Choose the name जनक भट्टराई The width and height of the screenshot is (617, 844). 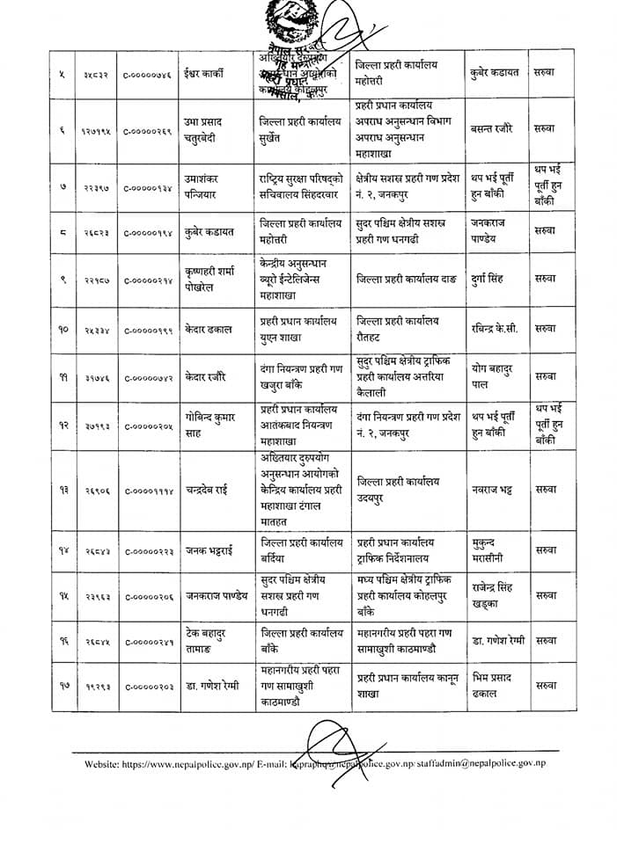click(x=209, y=551)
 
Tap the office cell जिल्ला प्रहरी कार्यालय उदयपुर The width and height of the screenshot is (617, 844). click(x=398, y=489)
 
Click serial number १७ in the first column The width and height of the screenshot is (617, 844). click(x=62, y=685)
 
